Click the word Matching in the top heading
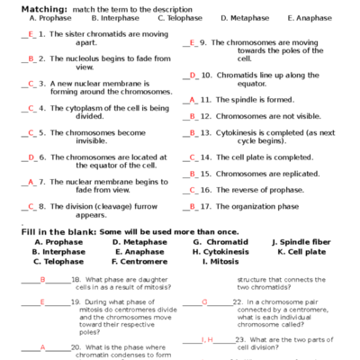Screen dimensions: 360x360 [x=44, y=7]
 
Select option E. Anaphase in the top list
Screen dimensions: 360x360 [x=309, y=17]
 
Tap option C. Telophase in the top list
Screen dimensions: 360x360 [x=180, y=17]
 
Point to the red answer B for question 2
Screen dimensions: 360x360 [x=31, y=58]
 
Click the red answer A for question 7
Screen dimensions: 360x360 [x=31, y=181]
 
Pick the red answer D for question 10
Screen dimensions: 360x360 [x=193, y=76]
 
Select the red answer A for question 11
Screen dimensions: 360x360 [x=193, y=100]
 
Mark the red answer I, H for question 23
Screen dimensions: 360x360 [x=209, y=339]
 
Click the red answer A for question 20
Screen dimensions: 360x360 [x=42, y=346]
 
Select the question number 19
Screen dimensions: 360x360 [x=76, y=301]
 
